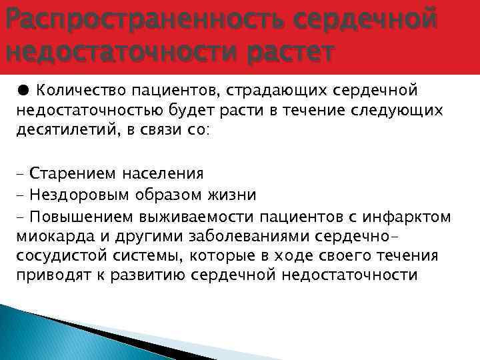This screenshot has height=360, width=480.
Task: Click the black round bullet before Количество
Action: [23, 90]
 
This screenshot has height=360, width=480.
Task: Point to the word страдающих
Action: [286, 91]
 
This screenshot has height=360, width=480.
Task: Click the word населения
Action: [163, 175]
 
